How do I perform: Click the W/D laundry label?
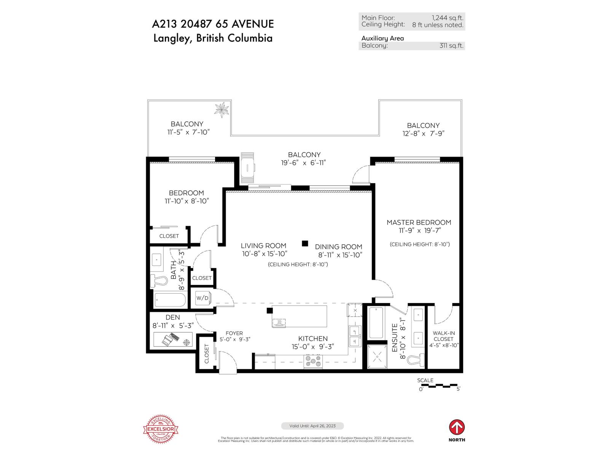click(202, 298)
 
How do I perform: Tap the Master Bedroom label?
click(419, 222)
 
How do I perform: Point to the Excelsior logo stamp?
click(160, 429)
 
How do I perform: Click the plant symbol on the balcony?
click(222, 110)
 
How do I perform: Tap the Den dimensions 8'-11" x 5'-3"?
click(173, 326)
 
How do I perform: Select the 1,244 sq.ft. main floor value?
click(447, 18)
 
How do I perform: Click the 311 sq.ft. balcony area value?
click(451, 45)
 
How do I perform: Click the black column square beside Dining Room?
click(305, 243)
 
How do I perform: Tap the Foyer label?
click(234, 333)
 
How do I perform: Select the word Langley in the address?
click(171, 38)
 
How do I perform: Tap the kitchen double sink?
click(355, 336)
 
